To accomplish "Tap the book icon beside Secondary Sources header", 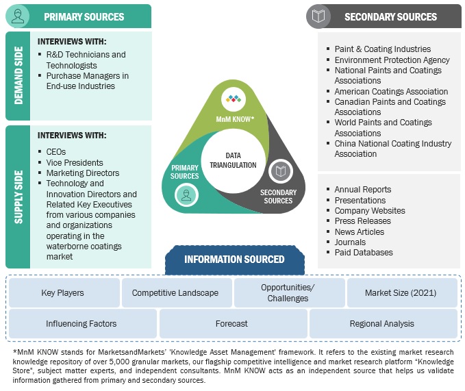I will point(318,16).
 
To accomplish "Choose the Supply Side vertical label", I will point(18,196).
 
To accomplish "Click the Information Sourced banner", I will point(234,260).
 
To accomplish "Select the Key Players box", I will point(62,293).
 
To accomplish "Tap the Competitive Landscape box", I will point(175,293).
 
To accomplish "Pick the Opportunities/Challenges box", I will point(288,293).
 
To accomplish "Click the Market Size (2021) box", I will point(401,293).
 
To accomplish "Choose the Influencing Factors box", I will point(81,324).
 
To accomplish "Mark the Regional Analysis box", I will point(381,324).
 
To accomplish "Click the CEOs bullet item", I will point(57,152).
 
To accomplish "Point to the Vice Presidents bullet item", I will point(75,163).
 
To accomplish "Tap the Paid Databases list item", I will point(364,253).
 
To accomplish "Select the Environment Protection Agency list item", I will point(392,60).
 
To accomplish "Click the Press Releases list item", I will point(362,221).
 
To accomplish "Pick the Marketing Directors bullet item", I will point(82,173).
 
